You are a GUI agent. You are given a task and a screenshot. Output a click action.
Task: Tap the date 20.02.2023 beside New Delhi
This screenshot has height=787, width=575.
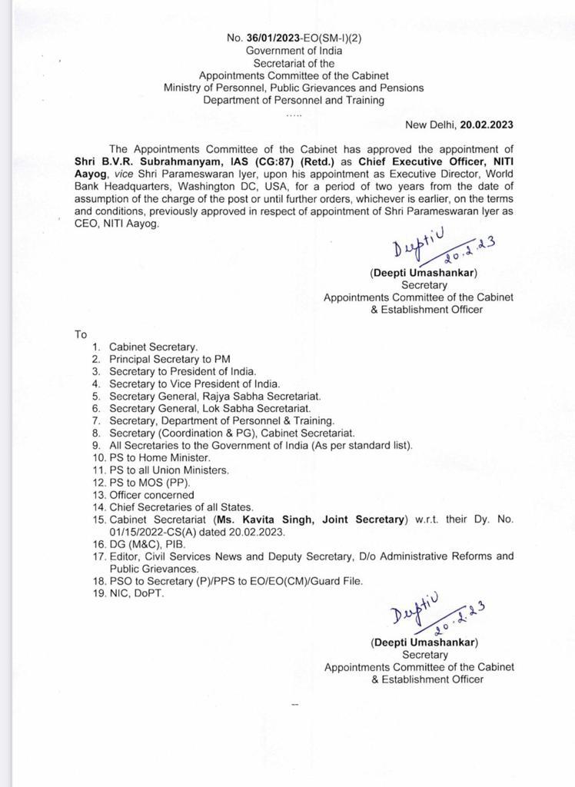pyautogui.click(x=487, y=124)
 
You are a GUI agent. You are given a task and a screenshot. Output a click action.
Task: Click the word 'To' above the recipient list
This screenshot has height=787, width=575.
pyautogui.click(x=81, y=334)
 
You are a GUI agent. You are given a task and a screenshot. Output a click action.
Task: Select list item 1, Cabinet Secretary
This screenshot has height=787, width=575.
pyautogui.click(x=153, y=347)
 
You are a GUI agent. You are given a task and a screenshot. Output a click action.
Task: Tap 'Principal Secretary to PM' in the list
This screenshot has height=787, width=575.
pyautogui.click(x=169, y=359)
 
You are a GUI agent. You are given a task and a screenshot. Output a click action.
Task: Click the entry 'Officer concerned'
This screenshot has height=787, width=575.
pyautogui.click(x=151, y=494)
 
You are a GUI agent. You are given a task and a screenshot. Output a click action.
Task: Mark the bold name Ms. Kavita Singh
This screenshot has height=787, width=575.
pyautogui.click(x=260, y=520)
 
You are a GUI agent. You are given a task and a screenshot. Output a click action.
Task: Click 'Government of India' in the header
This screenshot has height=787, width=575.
pyautogui.click(x=294, y=51)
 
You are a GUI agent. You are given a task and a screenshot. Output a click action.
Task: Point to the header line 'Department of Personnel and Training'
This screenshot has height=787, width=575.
pyautogui.click(x=294, y=100)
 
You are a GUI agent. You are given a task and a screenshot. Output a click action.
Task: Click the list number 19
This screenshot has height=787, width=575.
pyautogui.click(x=98, y=593)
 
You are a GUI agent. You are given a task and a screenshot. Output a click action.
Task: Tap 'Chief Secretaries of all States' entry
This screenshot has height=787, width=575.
pyautogui.click(x=181, y=506)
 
